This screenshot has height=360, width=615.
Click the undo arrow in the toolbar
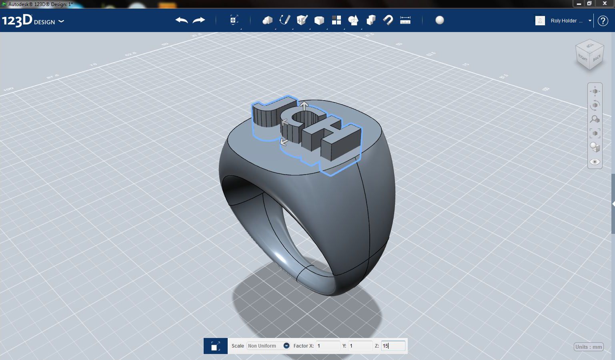pos(182,20)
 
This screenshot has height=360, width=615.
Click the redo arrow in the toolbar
pos(199,20)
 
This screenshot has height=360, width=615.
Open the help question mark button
pos(603,21)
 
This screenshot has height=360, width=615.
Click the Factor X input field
pos(328,346)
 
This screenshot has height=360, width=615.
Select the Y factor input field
pos(360,346)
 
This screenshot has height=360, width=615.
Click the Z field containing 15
pos(393,346)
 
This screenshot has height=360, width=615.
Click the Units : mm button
pos(589,347)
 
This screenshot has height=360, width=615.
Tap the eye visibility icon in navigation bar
pos(595,162)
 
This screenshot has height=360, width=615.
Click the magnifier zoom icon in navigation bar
pos(595,119)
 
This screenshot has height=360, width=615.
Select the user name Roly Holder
pos(563,21)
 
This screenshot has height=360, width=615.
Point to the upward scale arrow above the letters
pos(304,106)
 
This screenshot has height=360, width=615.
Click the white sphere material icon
pos(440,20)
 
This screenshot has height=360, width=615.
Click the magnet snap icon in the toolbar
pos(388,20)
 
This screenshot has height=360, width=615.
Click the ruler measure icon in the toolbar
pos(405,20)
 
